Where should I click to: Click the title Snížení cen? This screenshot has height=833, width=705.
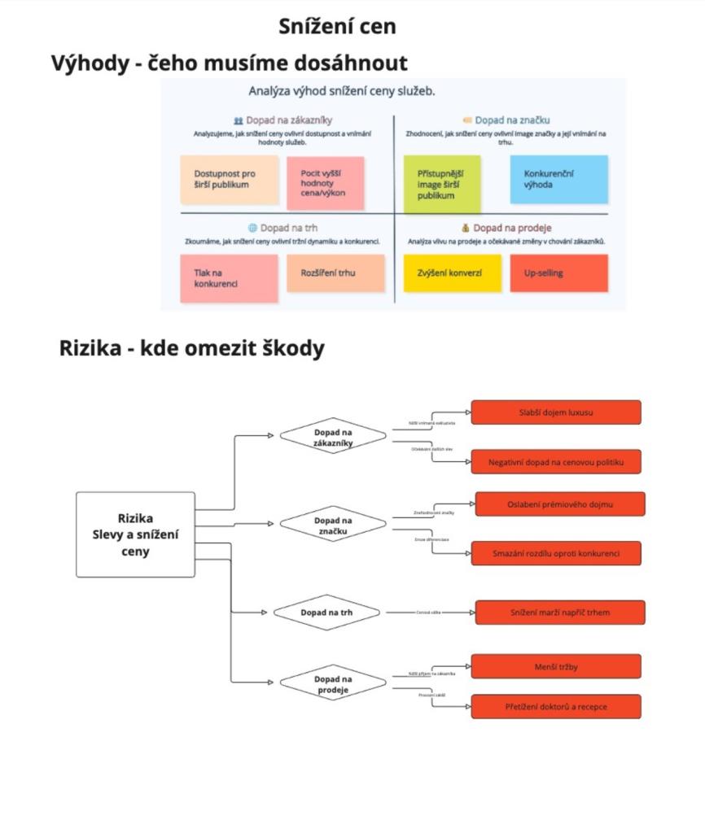point(337,26)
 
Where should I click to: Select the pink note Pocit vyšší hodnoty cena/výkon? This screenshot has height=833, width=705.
point(325,183)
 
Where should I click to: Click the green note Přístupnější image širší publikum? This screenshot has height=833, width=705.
point(442,185)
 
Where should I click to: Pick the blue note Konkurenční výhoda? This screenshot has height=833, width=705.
point(558,179)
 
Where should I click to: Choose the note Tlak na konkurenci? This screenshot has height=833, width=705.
point(229,278)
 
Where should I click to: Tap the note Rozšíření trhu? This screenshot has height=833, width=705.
point(335,273)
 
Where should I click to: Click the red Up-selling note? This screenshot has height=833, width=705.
point(558,273)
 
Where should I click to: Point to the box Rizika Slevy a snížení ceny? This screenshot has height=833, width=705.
point(135,534)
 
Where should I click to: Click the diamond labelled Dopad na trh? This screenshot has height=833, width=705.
point(327,612)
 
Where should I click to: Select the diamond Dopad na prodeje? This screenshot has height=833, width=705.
point(333,684)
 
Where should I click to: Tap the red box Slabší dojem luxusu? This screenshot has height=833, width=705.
point(556,412)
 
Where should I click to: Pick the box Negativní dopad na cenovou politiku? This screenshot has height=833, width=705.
point(556,462)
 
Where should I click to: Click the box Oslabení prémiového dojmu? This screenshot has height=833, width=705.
point(560,504)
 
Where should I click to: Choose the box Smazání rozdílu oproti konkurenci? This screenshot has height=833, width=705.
point(556,553)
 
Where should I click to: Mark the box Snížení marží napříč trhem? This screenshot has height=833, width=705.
point(560,612)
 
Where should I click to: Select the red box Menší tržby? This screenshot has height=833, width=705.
point(556,667)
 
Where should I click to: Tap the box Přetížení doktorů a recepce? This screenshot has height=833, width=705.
point(556,706)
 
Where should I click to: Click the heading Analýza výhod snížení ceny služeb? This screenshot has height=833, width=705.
point(342,91)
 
